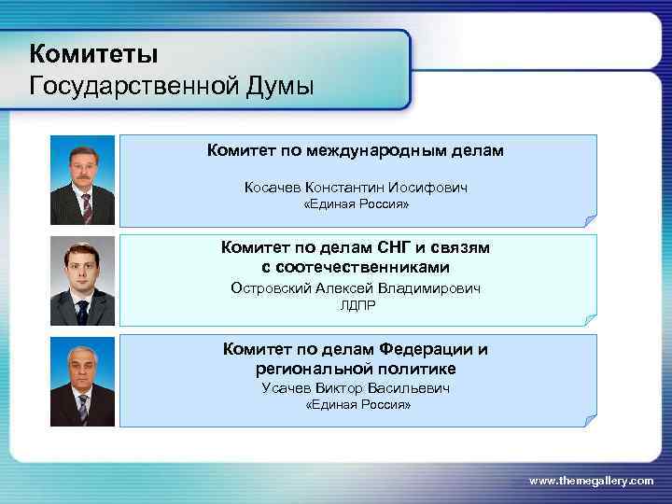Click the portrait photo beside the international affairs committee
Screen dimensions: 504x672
[x=83, y=180]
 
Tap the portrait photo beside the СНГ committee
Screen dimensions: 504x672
[x=83, y=281]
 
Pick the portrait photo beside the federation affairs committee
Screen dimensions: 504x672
[x=83, y=381]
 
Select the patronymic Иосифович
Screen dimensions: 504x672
[x=427, y=188]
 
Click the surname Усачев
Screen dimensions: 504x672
[x=287, y=388]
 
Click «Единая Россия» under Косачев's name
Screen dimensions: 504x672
[x=357, y=204]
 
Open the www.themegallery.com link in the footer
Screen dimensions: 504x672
[x=591, y=480]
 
